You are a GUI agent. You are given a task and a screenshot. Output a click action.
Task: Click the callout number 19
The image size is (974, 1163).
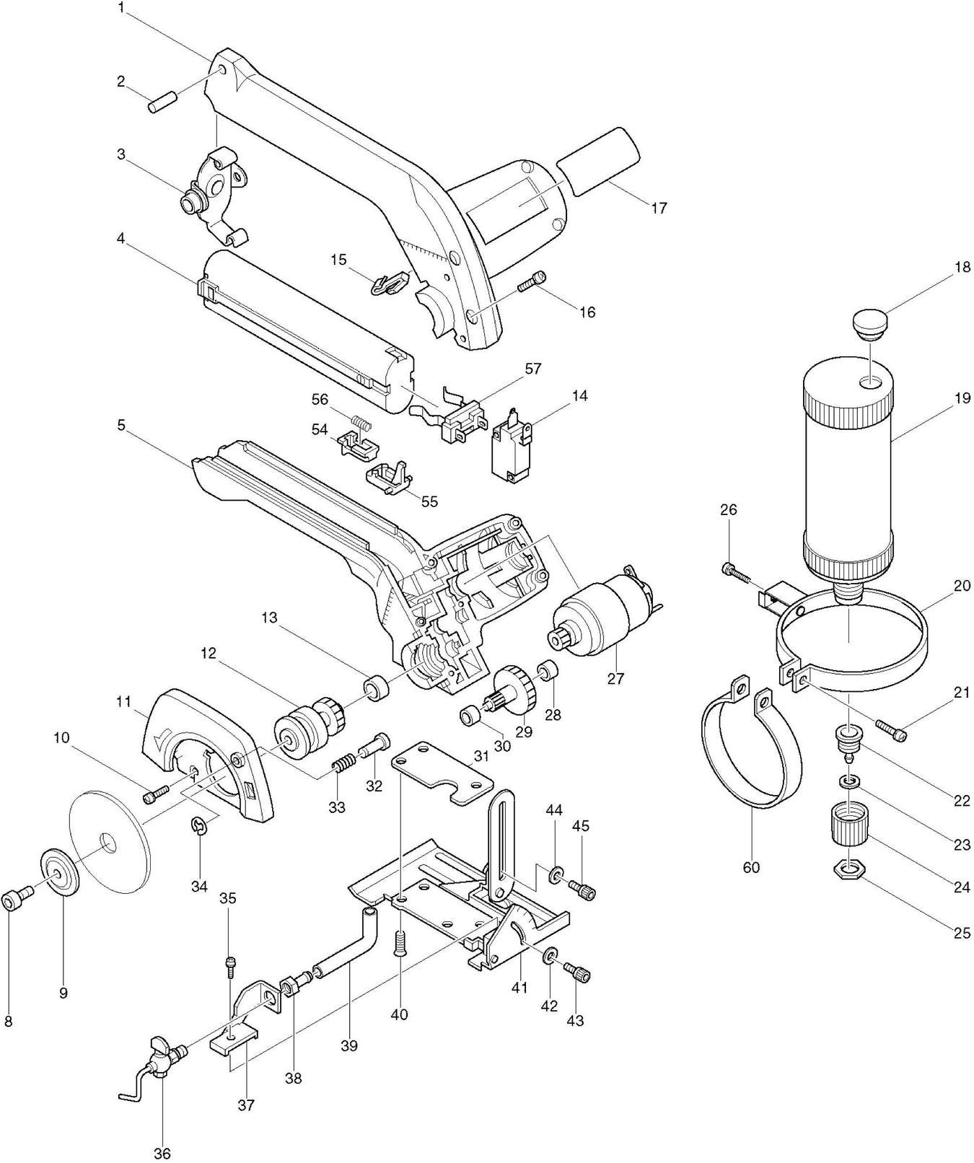click(962, 398)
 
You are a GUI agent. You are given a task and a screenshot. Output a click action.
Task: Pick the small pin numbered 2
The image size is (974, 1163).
click(164, 101)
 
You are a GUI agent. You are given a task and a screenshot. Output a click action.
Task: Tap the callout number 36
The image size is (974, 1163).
click(163, 1153)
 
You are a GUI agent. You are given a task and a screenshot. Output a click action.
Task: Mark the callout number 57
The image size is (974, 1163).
click(532, 369)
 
